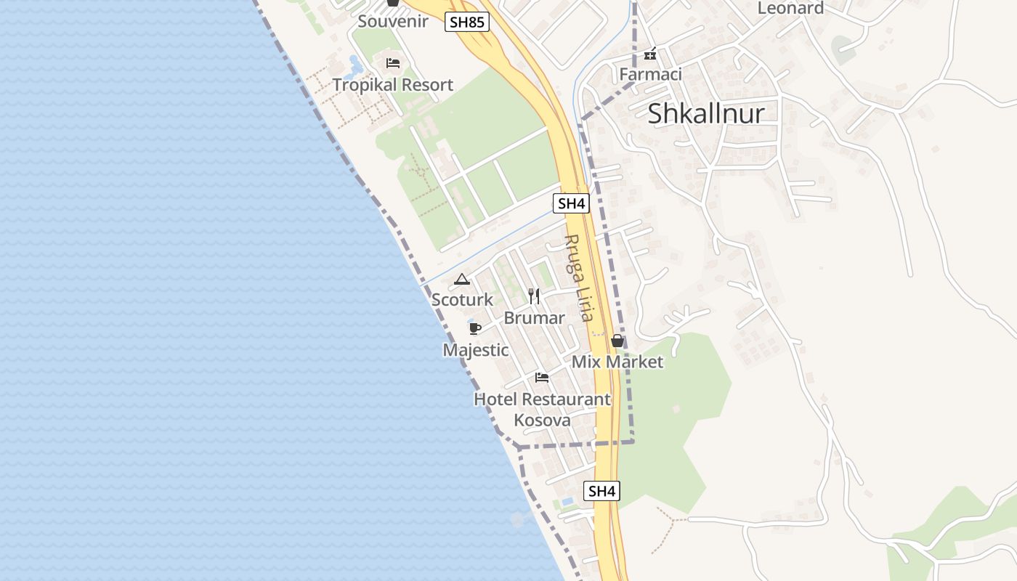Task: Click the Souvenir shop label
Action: (393, 21)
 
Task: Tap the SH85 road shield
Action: (466, 22)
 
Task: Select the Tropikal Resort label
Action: (393, 85)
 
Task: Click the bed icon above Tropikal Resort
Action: (393, 63)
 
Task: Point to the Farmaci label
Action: (650, 74)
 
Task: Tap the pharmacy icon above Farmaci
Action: (650, 54)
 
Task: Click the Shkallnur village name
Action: (706, 113)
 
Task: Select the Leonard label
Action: (790, 8)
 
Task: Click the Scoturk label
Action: (462, 299)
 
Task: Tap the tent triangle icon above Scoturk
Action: (462, 279)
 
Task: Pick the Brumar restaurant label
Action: (534, 318)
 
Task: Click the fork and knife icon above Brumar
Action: (534, 296)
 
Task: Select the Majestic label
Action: (476, 350)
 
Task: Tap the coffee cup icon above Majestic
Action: (475, 329)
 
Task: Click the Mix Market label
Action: (617, 362)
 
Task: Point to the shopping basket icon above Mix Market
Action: (617, 341)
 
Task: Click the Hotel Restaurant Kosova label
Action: (542, 410)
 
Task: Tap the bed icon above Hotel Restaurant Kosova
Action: (542, 378)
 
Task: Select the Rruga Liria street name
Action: (579, 278)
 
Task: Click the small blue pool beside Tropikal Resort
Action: (354, 68)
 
